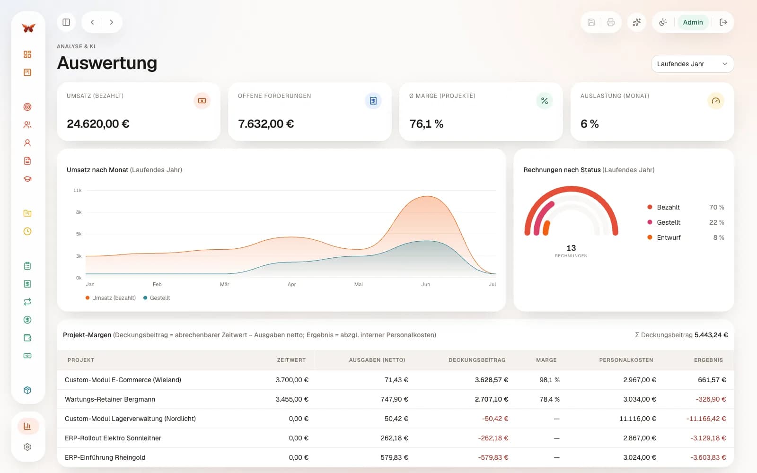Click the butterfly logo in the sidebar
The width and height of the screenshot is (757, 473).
tap(28, 28)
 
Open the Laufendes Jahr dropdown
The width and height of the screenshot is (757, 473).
tap(692, 64)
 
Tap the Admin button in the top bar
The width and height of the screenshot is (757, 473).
tap(693, 22)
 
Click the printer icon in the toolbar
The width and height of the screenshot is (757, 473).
tap(610, 22)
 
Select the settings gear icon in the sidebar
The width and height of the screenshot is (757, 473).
tap(28, 447)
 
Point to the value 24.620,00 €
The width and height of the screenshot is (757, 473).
tap(98, 123)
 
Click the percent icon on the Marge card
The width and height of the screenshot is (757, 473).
tap(545, 101)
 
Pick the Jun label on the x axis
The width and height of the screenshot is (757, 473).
tap(425, 284)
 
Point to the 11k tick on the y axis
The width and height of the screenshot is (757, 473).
tap(78, 191)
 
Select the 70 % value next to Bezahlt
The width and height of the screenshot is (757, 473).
tap(716, 207)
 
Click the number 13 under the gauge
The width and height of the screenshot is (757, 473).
tap(571, 248)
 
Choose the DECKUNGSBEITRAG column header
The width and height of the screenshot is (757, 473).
tap(477, 360)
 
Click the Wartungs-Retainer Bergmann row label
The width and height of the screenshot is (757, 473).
tap(110, 399)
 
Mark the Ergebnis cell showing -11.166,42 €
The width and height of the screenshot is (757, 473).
tap(706, 419)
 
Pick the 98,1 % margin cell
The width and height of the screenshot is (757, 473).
tap(549, 380)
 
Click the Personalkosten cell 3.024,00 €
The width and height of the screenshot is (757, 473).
tap(639, 457)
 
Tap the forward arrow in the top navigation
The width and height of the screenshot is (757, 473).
tap(112, 22)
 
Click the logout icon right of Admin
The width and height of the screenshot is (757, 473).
tap(723, 22)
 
